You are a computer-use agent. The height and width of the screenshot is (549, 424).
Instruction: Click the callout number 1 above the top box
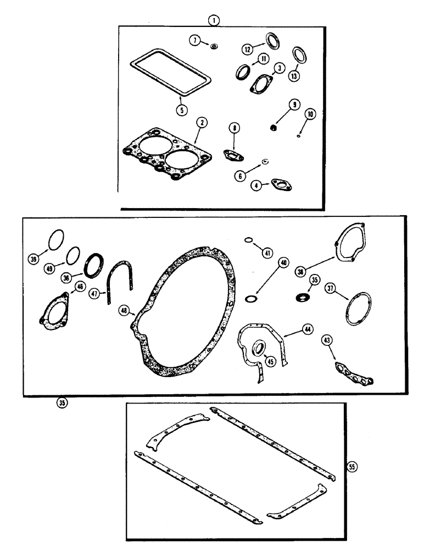pos(214,20)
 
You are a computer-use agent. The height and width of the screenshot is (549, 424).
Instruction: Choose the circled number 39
pos(36,259)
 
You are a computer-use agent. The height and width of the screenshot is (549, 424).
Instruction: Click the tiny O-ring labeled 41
pos(248,240)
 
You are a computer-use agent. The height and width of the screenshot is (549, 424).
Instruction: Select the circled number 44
pos(306,330)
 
